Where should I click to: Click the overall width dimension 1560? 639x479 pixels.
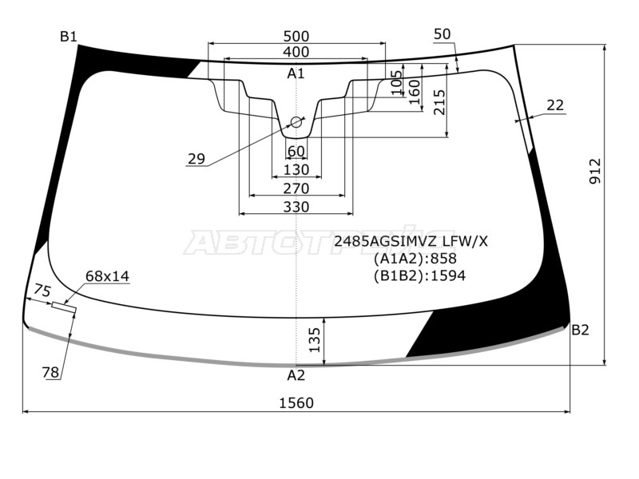click(296, 403)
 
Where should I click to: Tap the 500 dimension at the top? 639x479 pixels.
click(296, 36)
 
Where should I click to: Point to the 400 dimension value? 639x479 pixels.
click(296, 52)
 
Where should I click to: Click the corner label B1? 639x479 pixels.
click(69, 36)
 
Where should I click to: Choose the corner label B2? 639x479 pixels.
click(580, 330)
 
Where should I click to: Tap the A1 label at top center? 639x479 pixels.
click(296, 73)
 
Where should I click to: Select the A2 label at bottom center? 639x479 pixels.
click(296, 375)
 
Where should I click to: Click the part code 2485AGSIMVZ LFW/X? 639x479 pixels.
click(410, 240)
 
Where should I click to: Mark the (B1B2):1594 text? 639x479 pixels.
click(419, 275)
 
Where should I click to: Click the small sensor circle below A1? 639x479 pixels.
click(296, 122)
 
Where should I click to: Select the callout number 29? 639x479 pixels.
click(196, 159)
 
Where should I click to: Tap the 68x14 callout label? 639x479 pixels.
click(107, 276)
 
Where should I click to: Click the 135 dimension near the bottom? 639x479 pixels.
click(315, 340)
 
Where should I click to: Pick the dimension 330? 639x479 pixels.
click(296, 207)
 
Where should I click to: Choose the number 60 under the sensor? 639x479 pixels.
click(296, 152)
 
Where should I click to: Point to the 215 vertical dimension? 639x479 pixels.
click(439, 103)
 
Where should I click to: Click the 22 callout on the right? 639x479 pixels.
click(555, 105)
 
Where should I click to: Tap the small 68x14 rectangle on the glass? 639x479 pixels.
click(64, 306)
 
